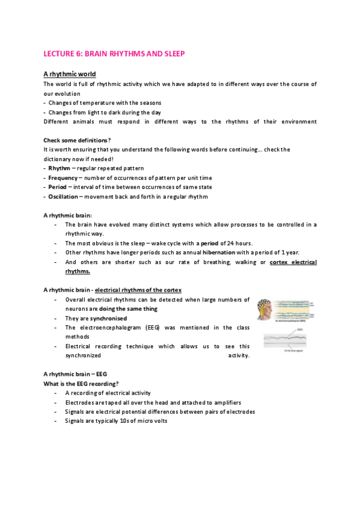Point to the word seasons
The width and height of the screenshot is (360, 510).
[149, 103]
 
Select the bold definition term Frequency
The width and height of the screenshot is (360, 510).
[63, 177]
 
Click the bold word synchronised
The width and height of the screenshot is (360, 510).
[109, 318]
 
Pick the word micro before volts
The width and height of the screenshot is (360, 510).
[142, 421]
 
